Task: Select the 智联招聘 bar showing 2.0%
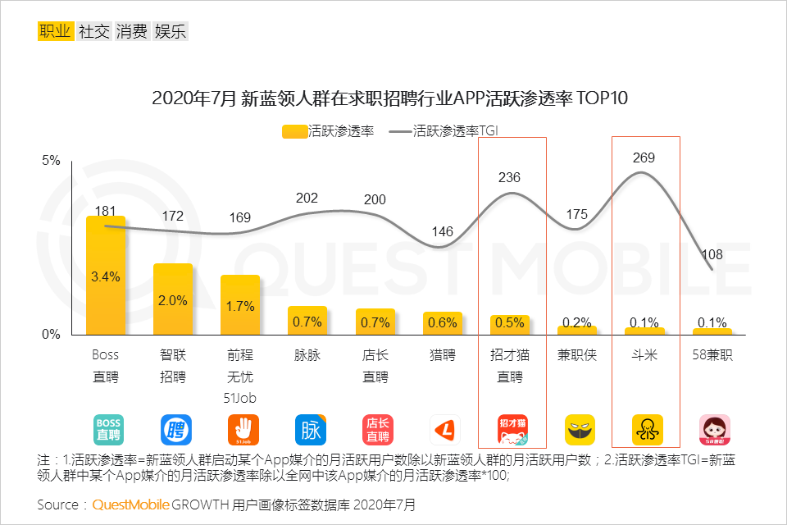173,299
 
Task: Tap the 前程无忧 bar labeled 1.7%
240,305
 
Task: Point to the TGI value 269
644,157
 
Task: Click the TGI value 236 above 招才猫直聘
509,177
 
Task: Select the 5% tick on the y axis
51,161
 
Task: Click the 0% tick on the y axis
51,335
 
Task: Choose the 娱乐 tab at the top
171,32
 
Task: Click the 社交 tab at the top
94,32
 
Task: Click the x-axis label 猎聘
443,355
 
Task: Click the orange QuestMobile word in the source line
130,504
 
